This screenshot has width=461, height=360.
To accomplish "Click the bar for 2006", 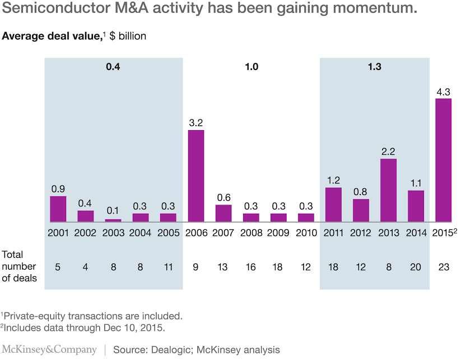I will tap(195, 176).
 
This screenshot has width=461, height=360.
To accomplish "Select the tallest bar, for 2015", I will tap(443, 160).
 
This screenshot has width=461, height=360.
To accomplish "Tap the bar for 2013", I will tap(388, 190).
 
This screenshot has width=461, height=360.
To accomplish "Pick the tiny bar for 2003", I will tap(113, 220).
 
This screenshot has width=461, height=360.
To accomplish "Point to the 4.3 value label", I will tap(443, 91).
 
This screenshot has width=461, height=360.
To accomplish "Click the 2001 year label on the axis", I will tap(58, 232).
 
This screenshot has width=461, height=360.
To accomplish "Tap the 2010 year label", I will tap(306, 232).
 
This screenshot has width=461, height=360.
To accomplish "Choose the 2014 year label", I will tap(416, 232).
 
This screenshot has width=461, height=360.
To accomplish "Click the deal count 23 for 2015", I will tap(443, 267).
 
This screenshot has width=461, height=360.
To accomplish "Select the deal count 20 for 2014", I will tap(416, 267).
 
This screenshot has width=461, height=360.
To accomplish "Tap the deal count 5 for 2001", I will tap(58, 267).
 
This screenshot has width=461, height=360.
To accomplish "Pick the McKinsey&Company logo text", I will tap(49, 349).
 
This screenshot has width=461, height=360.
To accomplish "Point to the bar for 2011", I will tap(333, 204).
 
